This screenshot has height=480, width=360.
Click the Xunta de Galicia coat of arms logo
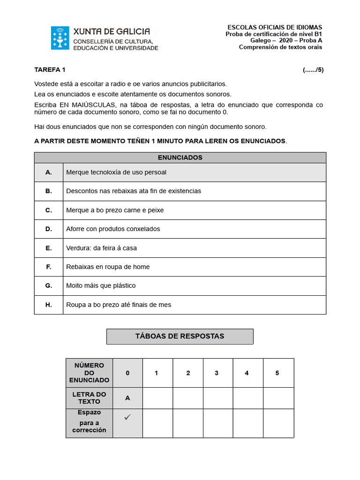click(60, 38)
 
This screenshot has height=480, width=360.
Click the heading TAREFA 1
click(50, 70)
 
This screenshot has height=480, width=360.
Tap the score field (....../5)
click(313, 70)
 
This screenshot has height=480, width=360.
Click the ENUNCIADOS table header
click(180, 157)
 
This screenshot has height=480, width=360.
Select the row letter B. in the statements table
click(49, 191)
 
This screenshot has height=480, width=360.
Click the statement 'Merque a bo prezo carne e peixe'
click(115, 210)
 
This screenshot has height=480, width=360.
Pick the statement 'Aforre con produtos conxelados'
click(113, 229)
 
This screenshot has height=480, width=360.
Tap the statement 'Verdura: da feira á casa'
click(101, 248)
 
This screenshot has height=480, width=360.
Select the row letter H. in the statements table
click(49, 305)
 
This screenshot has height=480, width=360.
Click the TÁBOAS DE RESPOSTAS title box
click(180, 336)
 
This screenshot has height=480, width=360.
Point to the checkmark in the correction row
click(127, 417)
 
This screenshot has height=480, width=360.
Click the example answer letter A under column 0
click(127, 398)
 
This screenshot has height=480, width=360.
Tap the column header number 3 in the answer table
click(217, 373)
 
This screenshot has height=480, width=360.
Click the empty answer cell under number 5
click(278, 398)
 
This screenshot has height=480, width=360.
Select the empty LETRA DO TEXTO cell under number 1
click(157, 398)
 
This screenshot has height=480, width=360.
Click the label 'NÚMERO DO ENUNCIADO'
click(89, 373)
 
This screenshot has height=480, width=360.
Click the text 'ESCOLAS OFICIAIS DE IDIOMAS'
click(275, 28)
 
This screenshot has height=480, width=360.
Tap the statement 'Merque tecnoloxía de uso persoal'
click(116, 172)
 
